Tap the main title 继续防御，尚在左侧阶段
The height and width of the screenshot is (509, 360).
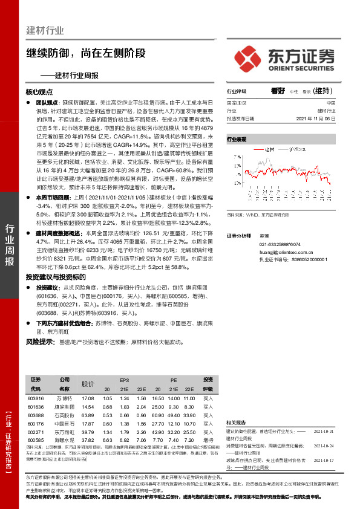click(x=85, y=53)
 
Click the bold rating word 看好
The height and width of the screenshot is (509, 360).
click(x=278, y=91)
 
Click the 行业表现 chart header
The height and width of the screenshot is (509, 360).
click(x=237, y=139)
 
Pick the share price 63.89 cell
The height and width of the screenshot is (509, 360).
click(x=88, y=415)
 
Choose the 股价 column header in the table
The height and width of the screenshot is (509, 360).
click(x=88, y=384)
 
